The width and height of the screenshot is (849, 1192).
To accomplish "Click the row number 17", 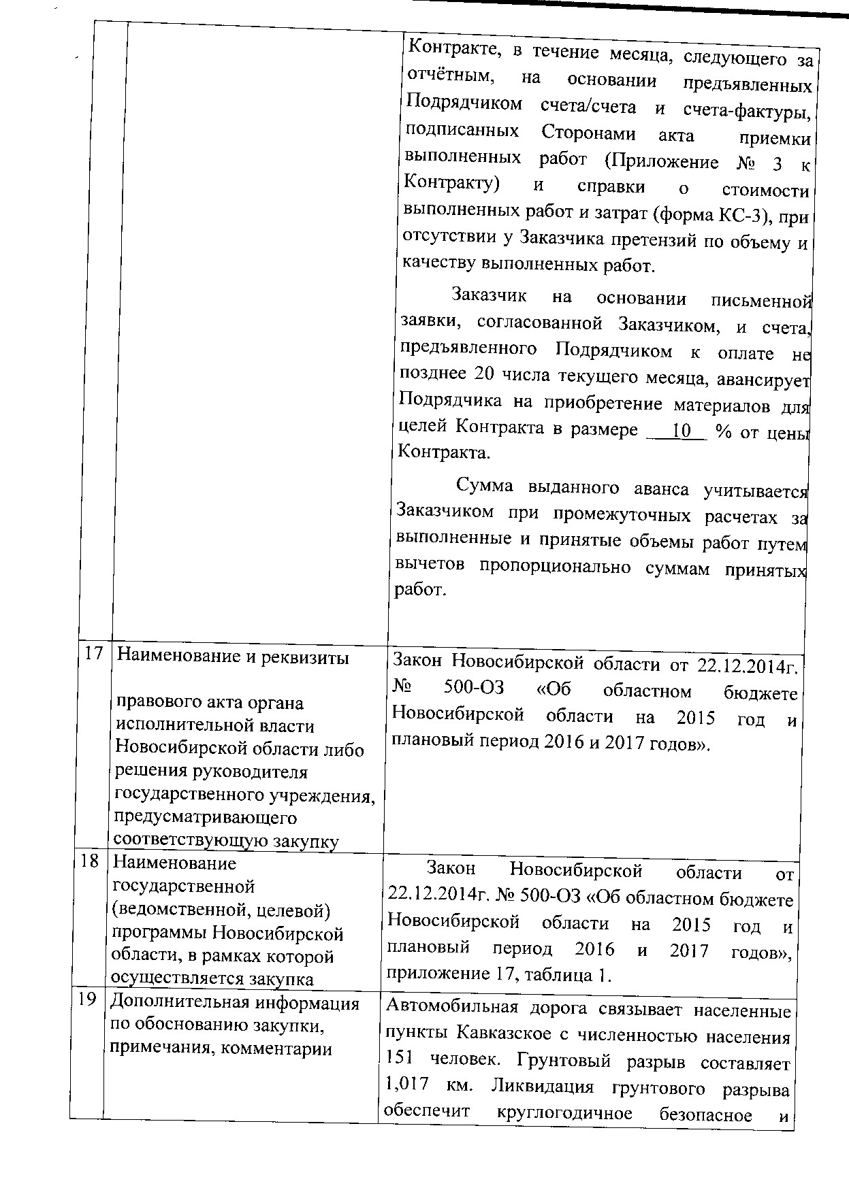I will click(x=93, y=653).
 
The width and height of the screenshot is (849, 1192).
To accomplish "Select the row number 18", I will click(x=89, y=861).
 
